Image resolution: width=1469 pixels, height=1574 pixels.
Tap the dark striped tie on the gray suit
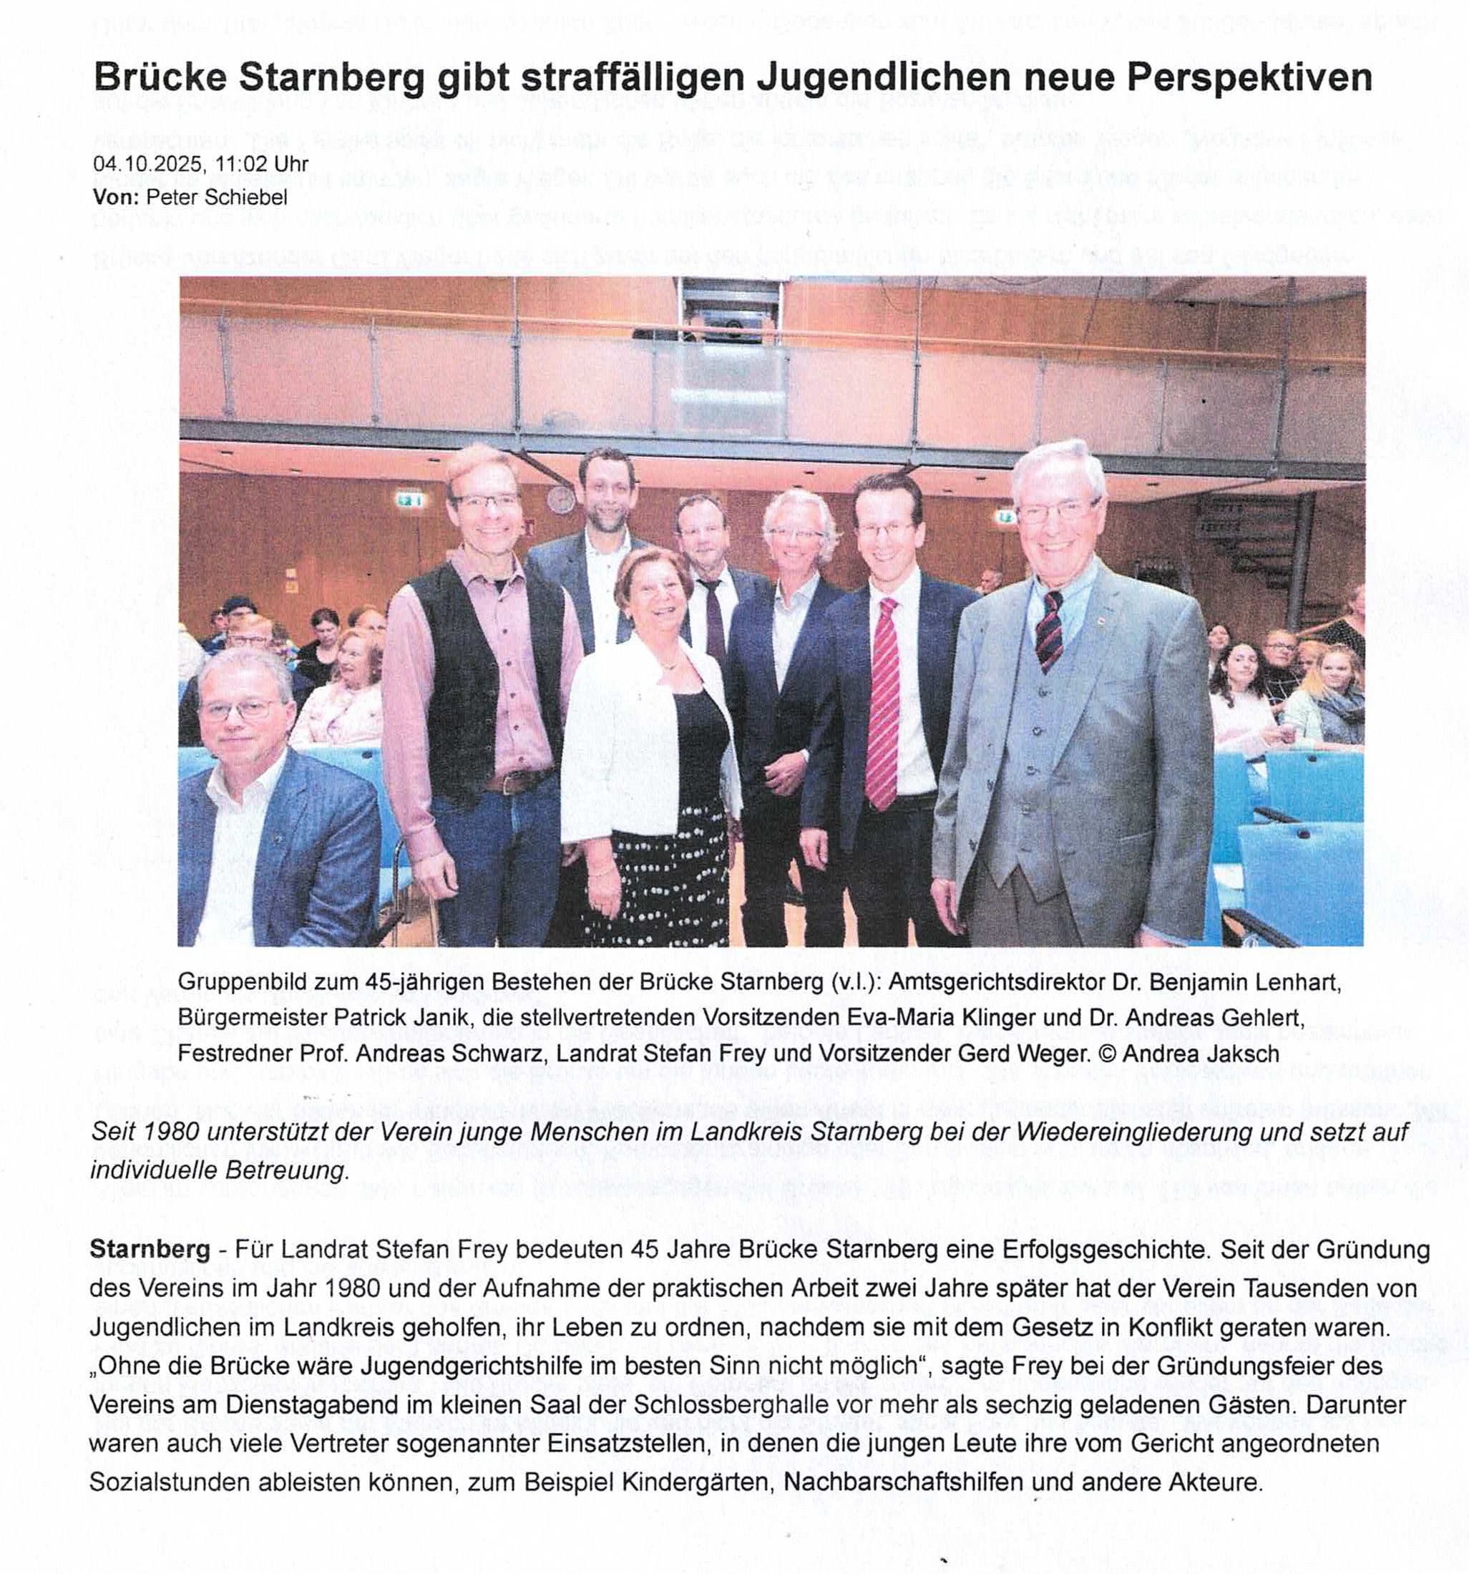[1050, 630]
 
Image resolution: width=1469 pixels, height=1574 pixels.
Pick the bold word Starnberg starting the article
[150, 1250]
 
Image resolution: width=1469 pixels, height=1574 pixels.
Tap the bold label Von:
[117, 197]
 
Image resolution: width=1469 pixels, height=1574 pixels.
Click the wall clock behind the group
[560, 500]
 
